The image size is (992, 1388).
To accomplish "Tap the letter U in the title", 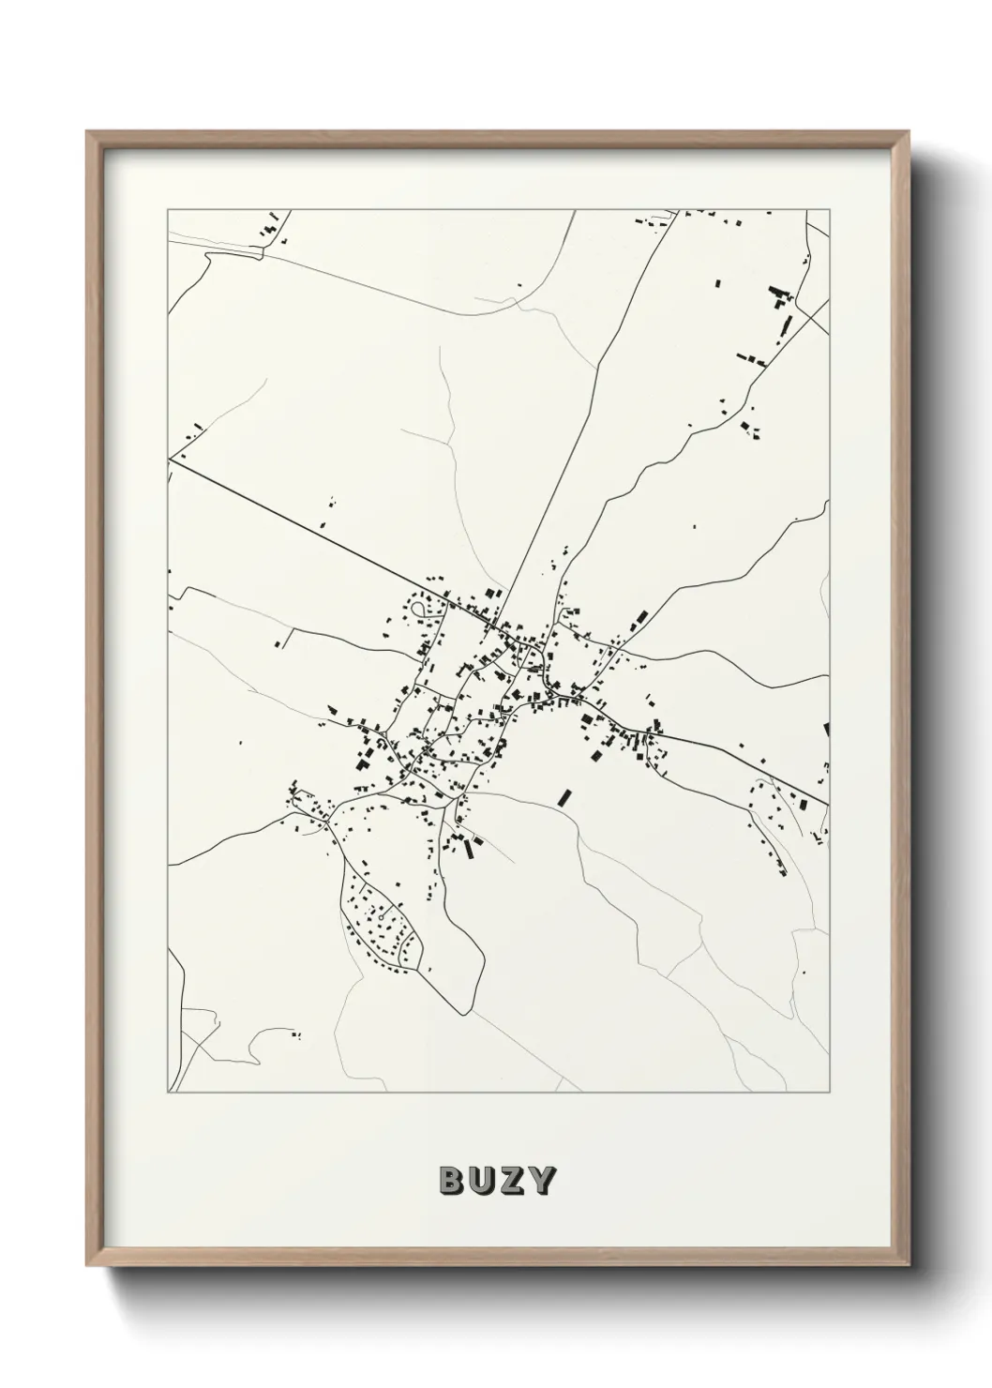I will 481,1181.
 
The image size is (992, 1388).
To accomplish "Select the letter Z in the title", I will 511,1181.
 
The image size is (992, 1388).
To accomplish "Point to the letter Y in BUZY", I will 541,1181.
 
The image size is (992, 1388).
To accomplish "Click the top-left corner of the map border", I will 167,210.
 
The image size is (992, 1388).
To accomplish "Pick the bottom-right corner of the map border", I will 831,1093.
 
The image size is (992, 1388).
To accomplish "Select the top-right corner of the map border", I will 831,210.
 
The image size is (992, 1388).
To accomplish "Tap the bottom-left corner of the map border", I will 167,1093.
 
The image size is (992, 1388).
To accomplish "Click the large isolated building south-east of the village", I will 564,797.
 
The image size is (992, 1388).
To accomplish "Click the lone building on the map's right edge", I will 827,729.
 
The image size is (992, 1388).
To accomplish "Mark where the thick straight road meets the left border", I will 169,459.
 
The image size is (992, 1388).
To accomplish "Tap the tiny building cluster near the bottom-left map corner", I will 296,1035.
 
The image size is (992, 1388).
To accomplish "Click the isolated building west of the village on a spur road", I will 279,644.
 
